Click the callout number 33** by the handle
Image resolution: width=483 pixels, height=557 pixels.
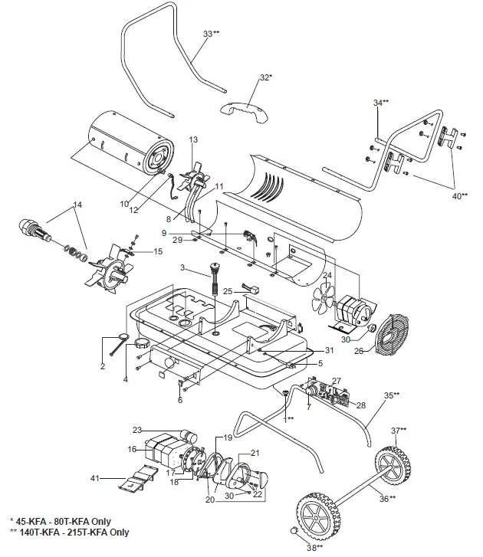(x=211, y=34)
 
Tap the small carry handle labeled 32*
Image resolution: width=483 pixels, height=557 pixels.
(x=245, y=107)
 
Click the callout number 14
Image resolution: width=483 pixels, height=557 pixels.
(x=77, y=205)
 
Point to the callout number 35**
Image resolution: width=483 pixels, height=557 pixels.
(x=392, y=395)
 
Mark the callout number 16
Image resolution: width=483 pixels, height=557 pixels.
(x=131, y=449)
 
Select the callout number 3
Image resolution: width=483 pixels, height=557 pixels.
(x=183, y=267)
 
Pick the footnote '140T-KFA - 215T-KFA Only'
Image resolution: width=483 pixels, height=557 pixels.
(x=68, y=532)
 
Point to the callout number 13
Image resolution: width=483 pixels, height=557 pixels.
(x=193, y=139)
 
